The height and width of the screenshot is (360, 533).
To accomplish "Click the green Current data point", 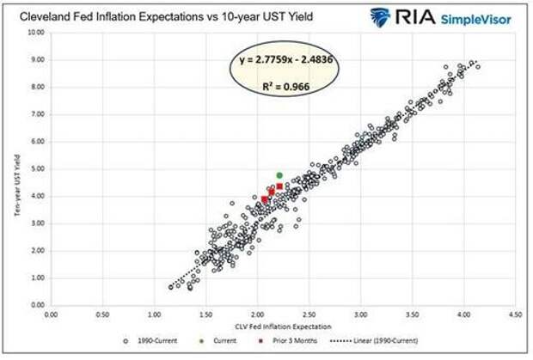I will coord(279,175).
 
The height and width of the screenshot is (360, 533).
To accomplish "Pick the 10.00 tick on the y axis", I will coord(35,33).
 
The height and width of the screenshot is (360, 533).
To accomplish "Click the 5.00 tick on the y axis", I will coord(37,168).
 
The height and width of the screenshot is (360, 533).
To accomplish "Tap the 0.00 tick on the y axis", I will coord(37,305).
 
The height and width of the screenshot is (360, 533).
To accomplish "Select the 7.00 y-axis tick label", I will coord(37,114).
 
